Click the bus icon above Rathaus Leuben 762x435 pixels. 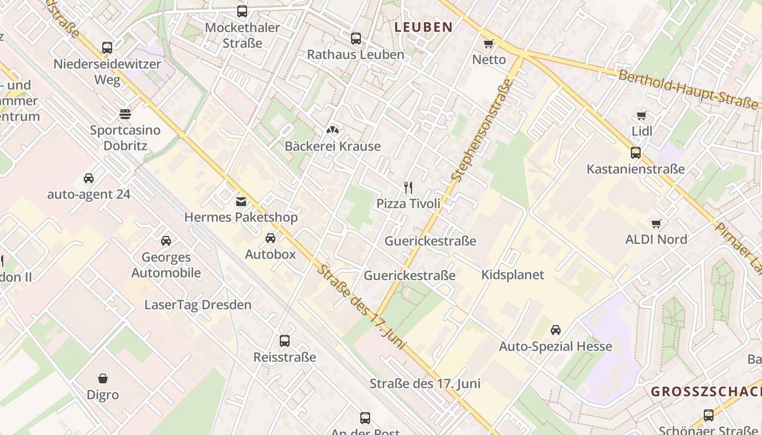[x=355, y=38]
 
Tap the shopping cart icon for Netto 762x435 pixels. [x=489, y=43]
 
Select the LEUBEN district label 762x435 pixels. [x=423, y=27]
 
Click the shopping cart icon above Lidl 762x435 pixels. [x=642, y=115]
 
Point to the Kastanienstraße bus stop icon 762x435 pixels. [x=635, y=153]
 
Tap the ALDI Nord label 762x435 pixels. [x=656, y=239]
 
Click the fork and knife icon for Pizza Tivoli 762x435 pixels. [x=408, y=188]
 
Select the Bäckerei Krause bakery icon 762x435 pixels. [x=332, y=130]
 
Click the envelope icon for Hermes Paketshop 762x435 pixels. [x=241, y=201]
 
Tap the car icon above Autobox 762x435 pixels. [x=270, y=238]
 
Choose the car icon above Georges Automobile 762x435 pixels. [x=165, y=240]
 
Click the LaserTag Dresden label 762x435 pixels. [x=198, y=304]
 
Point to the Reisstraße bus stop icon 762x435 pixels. [x=284, y=341]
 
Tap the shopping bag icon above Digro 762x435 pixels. [x=102, y=378]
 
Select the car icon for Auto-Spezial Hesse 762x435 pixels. [x=555, y=330]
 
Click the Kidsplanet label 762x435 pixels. [x=512, y=275]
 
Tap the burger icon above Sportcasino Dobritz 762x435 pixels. [x=125, y=114]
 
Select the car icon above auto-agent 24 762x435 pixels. [x=88, y=178]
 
